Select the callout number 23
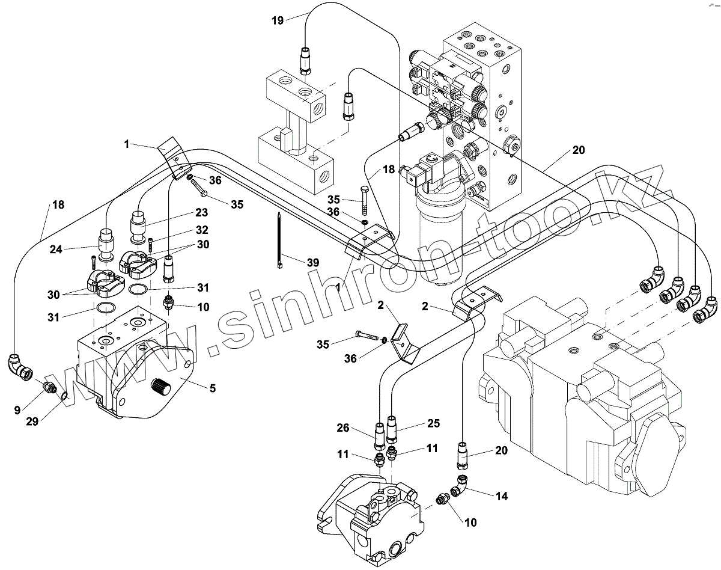(x=201, y=212)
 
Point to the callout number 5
(x=212, y=388)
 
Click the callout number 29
(x=32, y=421)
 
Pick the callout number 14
(x=502, y=496)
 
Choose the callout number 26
(x=342, y=429)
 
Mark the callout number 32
(x=202, y=230)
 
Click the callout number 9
(x=17, y=410)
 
